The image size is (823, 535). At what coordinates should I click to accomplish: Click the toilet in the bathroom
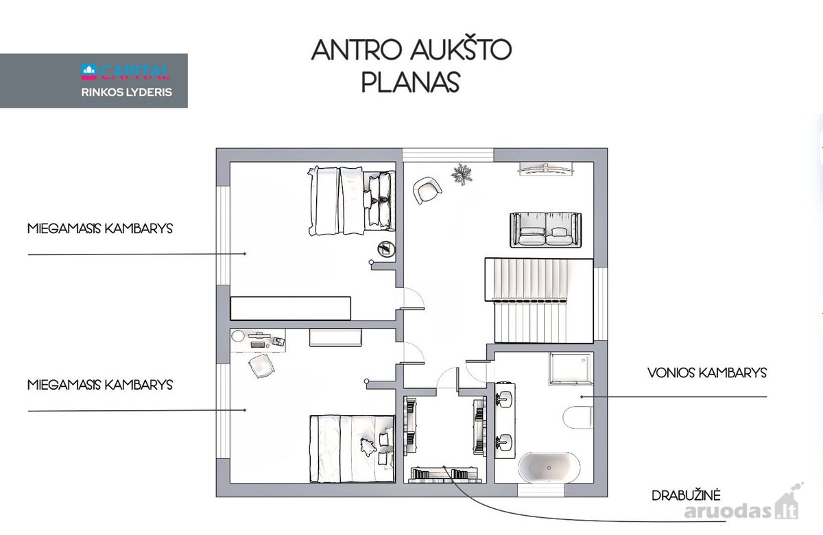click(x=577, y=418)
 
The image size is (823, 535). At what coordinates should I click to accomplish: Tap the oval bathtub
click(x=549, y=467)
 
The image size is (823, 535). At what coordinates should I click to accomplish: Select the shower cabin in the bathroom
click(x=571, y=368)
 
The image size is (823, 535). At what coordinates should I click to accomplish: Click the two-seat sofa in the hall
click(x=546, y=230)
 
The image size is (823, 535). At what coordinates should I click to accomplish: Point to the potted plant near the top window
click(x=462, y=174)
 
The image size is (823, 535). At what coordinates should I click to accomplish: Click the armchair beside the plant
click(x=427, y=190)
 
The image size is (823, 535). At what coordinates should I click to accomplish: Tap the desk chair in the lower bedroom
click(x=261, y=366)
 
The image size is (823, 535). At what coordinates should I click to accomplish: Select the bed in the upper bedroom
click(x=352, y=200)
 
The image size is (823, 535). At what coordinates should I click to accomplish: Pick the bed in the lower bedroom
click(x=352, y=449)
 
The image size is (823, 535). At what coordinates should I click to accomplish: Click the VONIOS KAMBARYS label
click(x=707, y=373)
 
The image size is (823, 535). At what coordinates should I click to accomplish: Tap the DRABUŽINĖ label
click(x=686, y=495)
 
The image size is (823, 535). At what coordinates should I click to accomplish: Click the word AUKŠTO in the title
click(x=461, y=50)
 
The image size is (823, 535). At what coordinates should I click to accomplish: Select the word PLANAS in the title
click(x=411, y=82)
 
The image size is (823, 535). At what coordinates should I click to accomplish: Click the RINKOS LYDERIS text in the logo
click(x=126, y=92)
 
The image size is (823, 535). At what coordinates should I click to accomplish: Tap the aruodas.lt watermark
click(x=741, y=509)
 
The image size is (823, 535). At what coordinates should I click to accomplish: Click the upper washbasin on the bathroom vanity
click(x=505, y=399)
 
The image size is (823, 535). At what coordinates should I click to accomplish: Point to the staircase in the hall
click(x=539, y=300)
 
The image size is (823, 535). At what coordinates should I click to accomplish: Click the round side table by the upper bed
click(x=386, y=250)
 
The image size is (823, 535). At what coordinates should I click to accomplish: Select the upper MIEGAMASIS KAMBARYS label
click(x=100, y=228)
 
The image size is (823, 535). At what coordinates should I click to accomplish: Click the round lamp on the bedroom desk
click(x=238, y=336)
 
